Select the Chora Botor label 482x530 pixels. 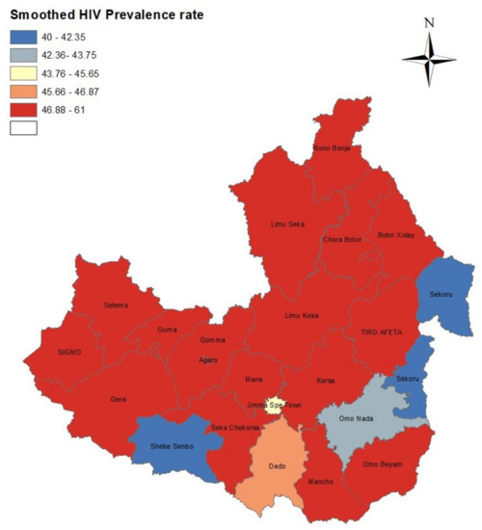point(342,239)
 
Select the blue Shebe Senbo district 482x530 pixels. point(174,445)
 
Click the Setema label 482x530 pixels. point(115,305)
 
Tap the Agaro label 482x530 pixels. point(207,358)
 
